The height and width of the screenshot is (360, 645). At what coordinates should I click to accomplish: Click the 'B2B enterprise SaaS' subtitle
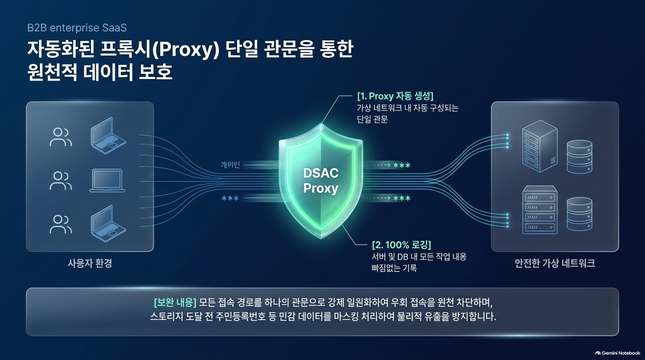coord(77,28)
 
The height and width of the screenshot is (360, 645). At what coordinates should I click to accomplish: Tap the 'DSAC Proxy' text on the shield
coord(321,180)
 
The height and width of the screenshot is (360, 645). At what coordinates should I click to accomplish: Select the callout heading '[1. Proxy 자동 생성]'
coord(395,96)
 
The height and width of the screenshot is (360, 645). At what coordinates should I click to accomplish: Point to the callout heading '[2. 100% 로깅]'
coord(401,245)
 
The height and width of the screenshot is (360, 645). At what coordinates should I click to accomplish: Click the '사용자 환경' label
coord(90,263)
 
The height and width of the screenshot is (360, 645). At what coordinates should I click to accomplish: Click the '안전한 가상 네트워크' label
coord(555,263)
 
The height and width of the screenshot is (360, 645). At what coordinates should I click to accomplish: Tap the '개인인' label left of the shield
coord(230,165)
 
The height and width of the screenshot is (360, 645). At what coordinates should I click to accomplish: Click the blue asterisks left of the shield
coord(230,198)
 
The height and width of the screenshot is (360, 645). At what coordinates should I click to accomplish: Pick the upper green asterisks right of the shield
coord(402,165)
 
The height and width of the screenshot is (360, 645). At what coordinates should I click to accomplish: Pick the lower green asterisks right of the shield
coord(402,198)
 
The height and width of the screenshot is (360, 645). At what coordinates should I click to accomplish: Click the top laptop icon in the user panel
coord(108,135)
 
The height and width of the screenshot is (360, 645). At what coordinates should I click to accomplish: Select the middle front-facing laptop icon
coord(107,180)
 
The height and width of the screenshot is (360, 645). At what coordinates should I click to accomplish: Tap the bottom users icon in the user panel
coord(61,224)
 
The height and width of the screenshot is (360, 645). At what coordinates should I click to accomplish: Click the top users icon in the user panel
coord(61,137)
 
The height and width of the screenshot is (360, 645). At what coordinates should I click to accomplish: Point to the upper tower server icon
coord(540,146)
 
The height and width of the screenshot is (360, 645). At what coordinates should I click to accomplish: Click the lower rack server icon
coord(540,210)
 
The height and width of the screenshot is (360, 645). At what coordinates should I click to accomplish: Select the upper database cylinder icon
coord(579,157)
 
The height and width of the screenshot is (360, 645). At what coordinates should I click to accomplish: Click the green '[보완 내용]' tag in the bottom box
coord(175,302)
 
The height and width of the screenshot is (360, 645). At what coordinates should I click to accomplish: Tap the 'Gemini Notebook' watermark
coord(618,353)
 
